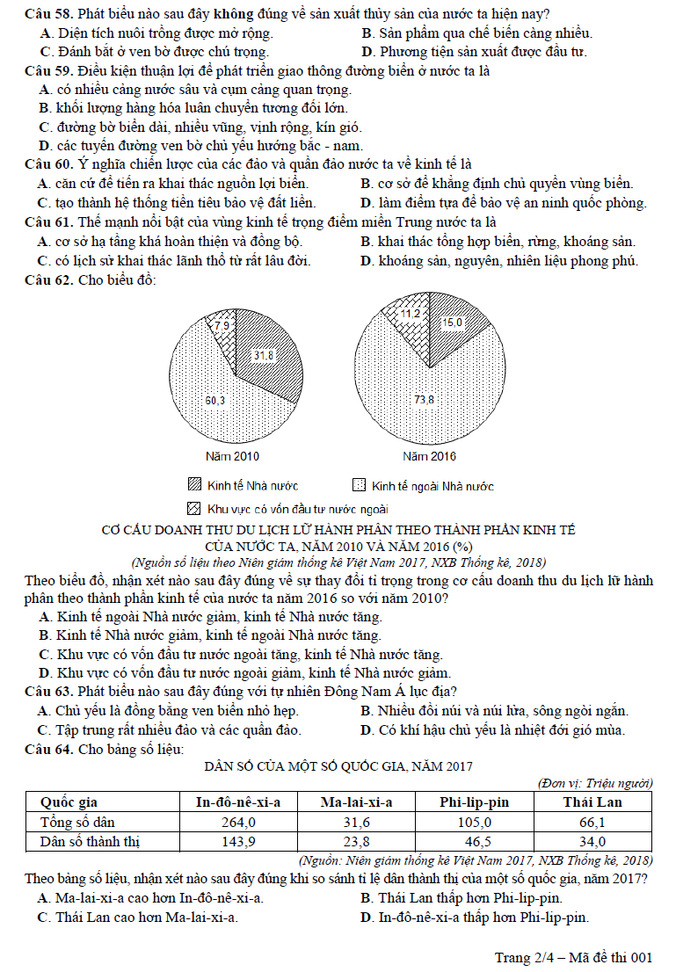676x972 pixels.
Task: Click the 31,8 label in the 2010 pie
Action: [x=264, y=356]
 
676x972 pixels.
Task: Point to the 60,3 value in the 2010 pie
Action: [x=215, y=401]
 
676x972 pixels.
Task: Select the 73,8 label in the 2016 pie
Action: [x=425, y=400]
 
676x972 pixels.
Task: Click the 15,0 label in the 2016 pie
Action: [x=451, y=323]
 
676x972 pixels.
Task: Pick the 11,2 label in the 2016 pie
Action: [x=411, y=313]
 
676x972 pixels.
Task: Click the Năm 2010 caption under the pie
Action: [x=232, y=456]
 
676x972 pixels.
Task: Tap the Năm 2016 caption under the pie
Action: [x=429, y=456]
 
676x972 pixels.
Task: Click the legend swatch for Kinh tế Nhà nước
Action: [x=194, y=485]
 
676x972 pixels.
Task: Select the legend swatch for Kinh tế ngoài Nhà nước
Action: [x=359, y=485]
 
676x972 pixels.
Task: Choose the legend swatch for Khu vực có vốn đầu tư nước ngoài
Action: [x=194, y=508]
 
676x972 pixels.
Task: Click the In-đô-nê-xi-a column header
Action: [x=238, y=802]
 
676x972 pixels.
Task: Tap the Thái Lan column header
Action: [x=592, y=802]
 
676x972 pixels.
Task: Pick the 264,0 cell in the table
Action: [x=238, y=822]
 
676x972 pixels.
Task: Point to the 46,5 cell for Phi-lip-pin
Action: [x=475, y=841]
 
